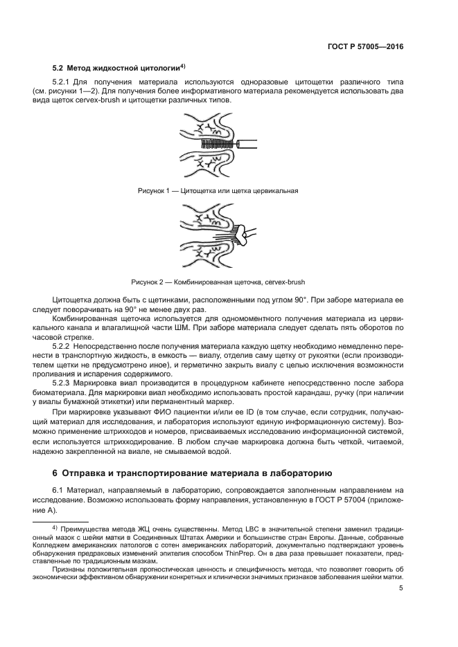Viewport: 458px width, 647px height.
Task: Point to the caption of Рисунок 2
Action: coord(218,282)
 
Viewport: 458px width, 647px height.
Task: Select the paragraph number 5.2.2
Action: coord(64,344)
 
